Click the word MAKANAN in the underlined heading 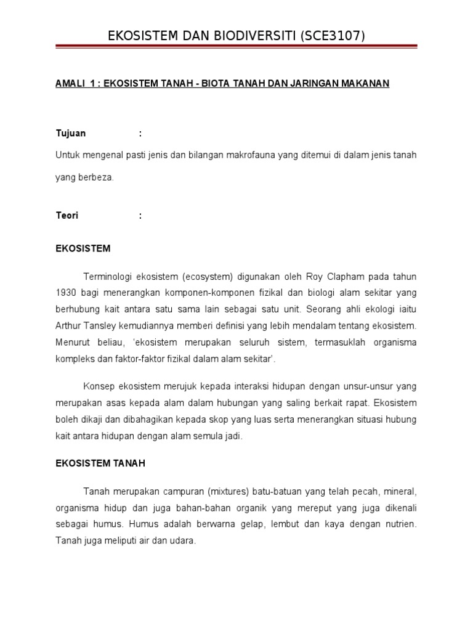[x=366, y=83]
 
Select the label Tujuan [x=71, y=133]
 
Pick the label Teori [x=67, y=216]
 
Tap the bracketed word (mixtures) [x=228, y=492]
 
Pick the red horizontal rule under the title [x=236, y=46]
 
